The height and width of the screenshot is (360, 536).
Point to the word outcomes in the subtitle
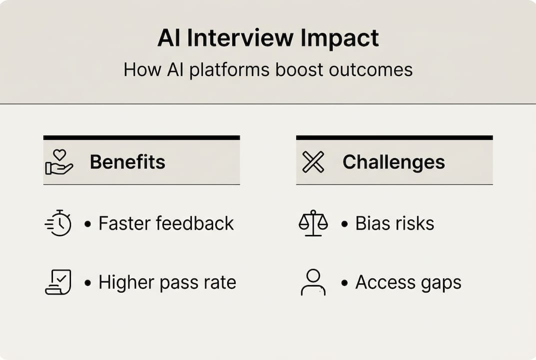pos(371,69)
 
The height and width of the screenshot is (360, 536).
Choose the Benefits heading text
pos(127,162)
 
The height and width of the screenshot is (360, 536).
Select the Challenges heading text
pos(394,162)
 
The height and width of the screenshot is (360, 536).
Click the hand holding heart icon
pos(59,162)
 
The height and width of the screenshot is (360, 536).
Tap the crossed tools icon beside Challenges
pos(313,162)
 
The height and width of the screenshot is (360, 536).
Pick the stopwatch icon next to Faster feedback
pos(58,223)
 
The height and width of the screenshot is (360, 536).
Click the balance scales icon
pos(313,223)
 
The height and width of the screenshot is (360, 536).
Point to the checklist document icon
pos(58,282)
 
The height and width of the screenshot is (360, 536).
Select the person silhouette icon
pos(313,282)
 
